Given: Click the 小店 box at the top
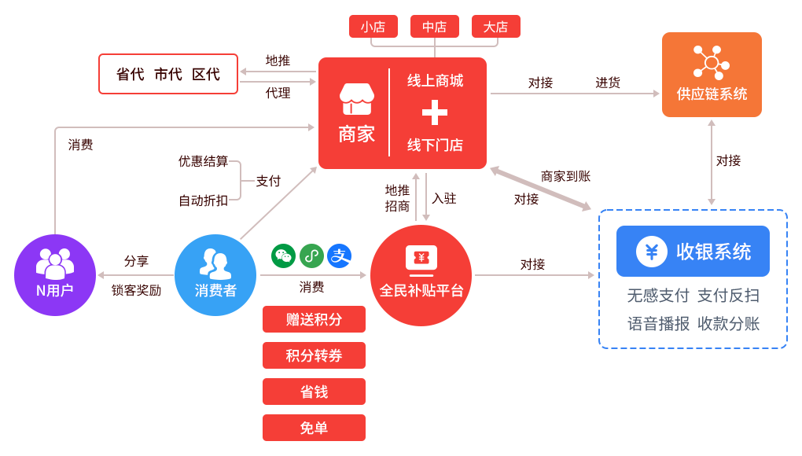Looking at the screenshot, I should (373, 27).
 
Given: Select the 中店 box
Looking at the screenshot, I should (434, 27).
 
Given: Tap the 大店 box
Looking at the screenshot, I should (495, 27).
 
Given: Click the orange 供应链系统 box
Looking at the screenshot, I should (712, 75).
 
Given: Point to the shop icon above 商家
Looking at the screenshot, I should (356, 100).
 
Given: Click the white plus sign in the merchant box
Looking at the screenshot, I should (435, 113).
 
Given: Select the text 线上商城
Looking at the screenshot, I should (435, 81).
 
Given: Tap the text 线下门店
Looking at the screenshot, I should (435, 145).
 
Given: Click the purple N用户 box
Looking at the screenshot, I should (55, 274).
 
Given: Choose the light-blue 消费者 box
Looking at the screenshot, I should (215, 274).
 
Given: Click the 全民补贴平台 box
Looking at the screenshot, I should (421, 274).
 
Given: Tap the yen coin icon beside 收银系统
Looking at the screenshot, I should (651, 252).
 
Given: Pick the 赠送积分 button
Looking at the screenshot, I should (314, 319).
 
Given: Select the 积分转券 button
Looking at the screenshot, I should (314, 355).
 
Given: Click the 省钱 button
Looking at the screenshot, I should (314, 392).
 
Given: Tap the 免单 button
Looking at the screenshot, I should (314, 428).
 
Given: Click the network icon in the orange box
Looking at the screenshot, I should (712, 63).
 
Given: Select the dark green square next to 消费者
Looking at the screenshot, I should (283, 256).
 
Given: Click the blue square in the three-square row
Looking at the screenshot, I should (339, 256).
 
